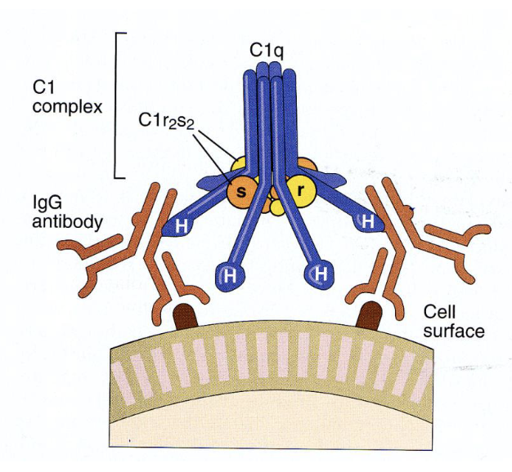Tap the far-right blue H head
(369, 221)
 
